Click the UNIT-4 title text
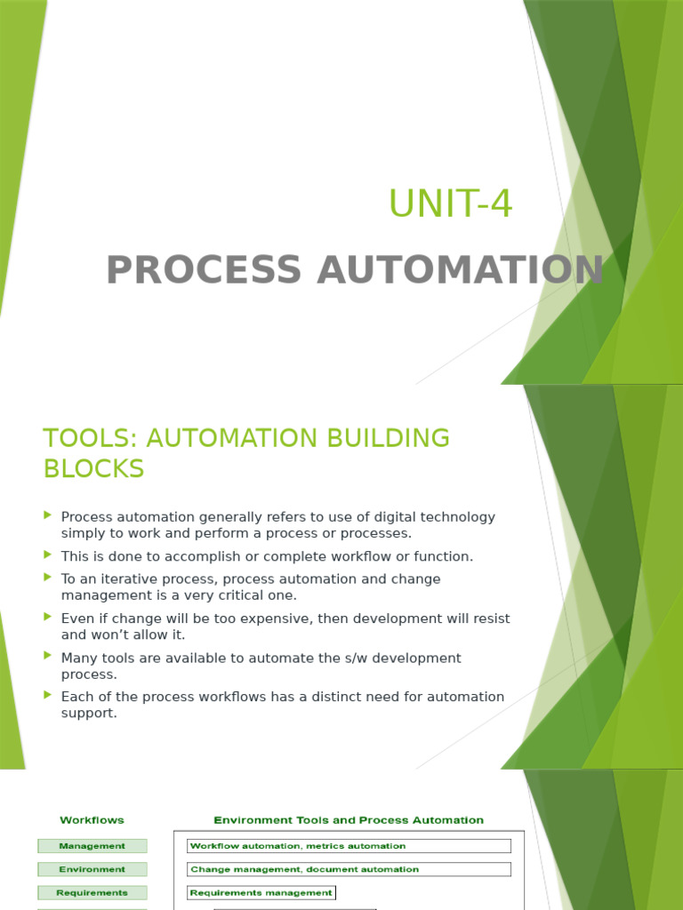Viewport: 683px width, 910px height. point(450,205)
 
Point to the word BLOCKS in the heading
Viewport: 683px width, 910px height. point(93,468)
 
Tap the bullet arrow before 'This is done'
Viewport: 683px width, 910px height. point(48,555)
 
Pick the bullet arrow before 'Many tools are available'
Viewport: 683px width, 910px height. point(48,656)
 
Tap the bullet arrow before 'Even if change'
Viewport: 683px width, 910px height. point(48,616)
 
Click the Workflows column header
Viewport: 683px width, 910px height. point(92,820)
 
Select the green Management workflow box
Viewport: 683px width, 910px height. point(92,846)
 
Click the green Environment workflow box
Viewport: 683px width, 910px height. point(92,869)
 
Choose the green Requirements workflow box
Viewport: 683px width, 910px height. point(92,893)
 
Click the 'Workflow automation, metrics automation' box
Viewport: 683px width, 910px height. point(349,846)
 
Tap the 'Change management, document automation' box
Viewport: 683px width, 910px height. point(349,869)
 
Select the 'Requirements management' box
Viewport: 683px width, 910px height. point(261,893)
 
